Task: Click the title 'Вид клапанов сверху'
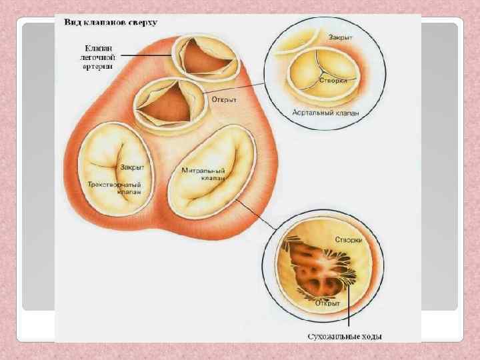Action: tap(110, 22)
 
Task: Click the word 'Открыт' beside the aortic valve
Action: tap(225, 99)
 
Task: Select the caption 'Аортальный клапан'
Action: tap(325, 113)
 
